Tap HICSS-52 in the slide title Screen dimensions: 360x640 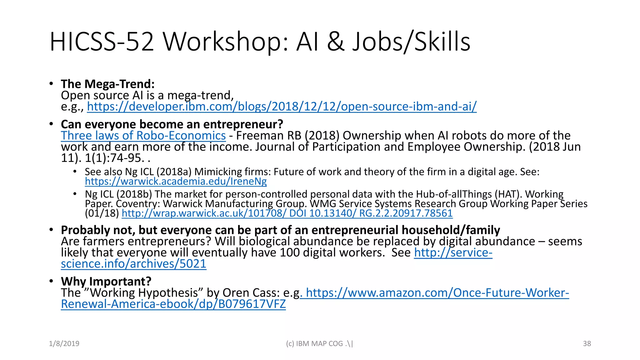click(x=102, y=42)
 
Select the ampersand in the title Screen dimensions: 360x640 click(x=336, y=42)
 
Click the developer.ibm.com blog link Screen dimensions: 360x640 click(x=282, y=107)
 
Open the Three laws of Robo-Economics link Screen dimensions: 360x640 click(x=143, y=136)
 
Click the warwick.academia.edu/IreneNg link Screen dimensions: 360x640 click(x=176, y=181)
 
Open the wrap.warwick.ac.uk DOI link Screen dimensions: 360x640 click(x=287, y=213)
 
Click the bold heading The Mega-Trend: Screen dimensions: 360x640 click(x=108, y=84)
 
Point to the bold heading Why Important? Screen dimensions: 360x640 click(x=106, y=281)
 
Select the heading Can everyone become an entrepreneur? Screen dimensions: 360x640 click(x=172, y=124)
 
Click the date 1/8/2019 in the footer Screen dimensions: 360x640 click(x=64, y=343)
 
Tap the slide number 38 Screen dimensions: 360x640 click(x=587, y=343)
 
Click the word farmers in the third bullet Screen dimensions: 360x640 click(x=103, y=241)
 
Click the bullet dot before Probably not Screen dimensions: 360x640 click(x=51, y=230)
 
